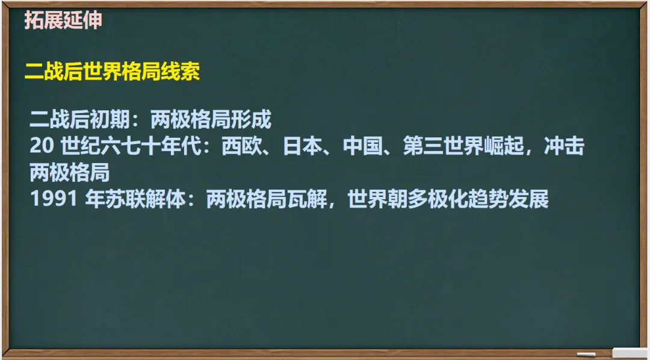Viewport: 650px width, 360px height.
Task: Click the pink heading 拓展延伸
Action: [63, 21]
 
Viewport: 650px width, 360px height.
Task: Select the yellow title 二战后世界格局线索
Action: [112, 72]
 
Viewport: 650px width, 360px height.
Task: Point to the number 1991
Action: [51, 199]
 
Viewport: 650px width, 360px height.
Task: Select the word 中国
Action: [363, 147]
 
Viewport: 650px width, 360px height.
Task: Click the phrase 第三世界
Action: [444, 147]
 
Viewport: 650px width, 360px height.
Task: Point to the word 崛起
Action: [504, 147]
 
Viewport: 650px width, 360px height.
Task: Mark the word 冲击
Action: [565, 147]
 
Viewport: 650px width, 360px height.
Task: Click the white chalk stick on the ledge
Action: [586, 354]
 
